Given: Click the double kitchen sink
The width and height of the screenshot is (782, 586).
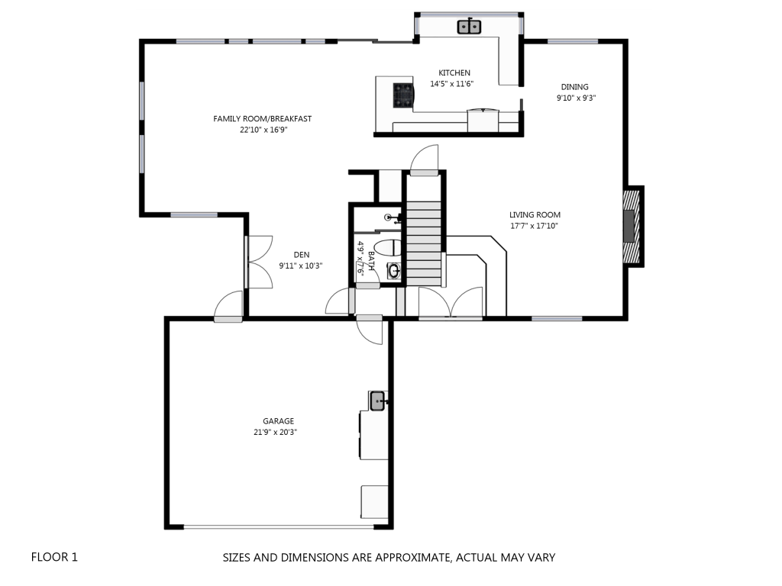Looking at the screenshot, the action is click(x=469, y=27).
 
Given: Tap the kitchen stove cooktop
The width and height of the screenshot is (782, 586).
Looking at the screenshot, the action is click(x=403, y=95).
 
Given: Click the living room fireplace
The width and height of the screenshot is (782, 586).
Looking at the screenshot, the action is click(x=632, y=226).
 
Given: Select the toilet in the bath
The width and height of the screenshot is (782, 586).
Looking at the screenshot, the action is click(x=387, y=248).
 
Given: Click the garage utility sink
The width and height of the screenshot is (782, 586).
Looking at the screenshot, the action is click(x=377, y=401).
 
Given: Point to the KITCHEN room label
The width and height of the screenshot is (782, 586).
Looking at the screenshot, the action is click(x=454, y=72).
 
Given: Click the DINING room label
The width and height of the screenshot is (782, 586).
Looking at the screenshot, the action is click(x=574, y=87).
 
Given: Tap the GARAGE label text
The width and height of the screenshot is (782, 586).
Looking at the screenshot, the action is click(x=278, y=421).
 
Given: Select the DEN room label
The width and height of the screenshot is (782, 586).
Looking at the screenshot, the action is click(x=301, y=255).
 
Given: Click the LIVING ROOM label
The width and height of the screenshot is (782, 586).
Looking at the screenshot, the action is click(x=535, y=214).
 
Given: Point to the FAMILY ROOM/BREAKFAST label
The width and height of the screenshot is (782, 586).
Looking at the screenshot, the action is click(x=263, y=118).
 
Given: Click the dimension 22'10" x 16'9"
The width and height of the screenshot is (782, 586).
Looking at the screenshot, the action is click(x=263, y=130).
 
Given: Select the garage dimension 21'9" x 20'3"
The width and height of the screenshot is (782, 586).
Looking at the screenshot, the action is click(x=275, y=432).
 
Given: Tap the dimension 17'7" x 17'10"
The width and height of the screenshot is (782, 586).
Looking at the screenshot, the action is click(x=534, y=226).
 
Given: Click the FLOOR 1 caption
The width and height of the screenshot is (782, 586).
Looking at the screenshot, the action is click(x=54, y=557).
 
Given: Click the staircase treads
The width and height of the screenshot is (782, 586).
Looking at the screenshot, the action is click(x=424, y=243).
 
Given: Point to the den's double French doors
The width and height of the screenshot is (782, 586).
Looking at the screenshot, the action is click(x=259, y=262).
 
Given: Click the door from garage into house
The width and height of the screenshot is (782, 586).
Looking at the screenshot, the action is click(x=370, y=329).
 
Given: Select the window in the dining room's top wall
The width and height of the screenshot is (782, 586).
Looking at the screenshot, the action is click(x=573, y=41).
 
